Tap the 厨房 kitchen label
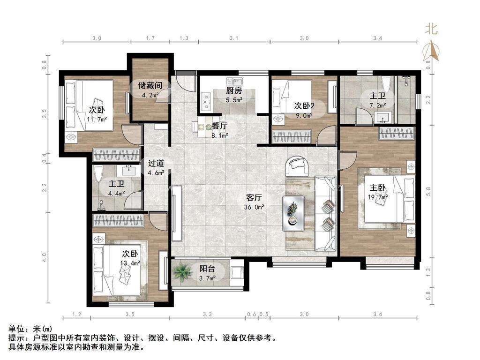(234, 90)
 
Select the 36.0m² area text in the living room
(254, 207)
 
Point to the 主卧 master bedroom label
(377, 187)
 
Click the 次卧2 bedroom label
(304, 106)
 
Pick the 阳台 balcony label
(207, 269)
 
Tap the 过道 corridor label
(156, 164)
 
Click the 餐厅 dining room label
(219, 126)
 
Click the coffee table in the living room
(293, 213)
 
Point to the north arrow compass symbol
(431, 50)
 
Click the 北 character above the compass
(431, 30)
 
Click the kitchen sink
(234, 82)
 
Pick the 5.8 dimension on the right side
(428, 192)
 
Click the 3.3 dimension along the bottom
(207, 315)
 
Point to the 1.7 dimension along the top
(150, 38)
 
